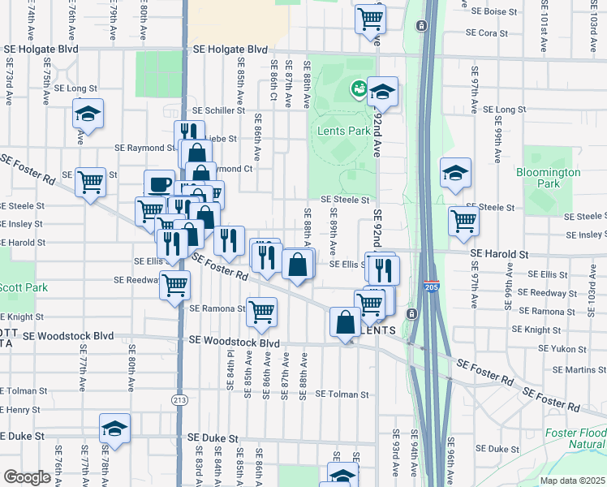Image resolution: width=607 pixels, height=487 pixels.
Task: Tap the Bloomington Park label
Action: [x=549, y=178]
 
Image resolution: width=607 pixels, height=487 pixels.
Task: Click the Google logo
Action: [x=27, y=477]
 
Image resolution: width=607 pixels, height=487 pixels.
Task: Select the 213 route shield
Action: [x=179, y=399]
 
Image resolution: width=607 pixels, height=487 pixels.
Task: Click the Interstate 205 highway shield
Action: [x=432, y=287]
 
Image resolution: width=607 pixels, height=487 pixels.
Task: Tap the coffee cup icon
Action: [x=159, y=185]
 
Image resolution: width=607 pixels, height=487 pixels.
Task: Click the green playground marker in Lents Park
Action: [x=357, y=88]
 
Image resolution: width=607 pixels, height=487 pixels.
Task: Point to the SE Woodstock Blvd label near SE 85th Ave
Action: [x=235, y=343]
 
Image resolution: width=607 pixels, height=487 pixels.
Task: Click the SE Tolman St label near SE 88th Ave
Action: [x=342, y=394]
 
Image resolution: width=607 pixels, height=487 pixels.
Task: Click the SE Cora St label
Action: [x=486, y=33]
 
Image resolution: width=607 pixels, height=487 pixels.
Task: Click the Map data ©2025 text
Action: [x=562, y=481]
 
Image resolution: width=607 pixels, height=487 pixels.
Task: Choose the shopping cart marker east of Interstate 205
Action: [x=463, y=220]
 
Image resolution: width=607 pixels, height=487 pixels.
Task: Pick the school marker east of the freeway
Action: [x=455, y=172]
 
